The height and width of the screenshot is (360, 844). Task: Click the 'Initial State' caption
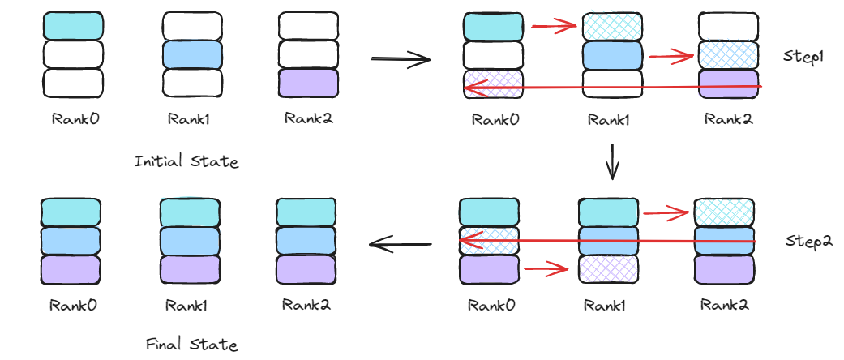click(186, 161)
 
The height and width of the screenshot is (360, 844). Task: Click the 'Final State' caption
click(191, 344)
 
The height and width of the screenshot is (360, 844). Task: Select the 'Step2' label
click(809, 242)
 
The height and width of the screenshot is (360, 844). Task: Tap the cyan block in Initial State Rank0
click(73, 26)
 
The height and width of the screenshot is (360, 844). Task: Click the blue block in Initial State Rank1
click(192, 54)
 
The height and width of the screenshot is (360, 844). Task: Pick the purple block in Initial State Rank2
click(308, 83)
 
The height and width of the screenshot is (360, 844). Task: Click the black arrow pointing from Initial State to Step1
click(400, 59)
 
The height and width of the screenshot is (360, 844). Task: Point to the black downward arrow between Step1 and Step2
click(613, 161)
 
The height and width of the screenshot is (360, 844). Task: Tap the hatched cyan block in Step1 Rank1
click(612, 27)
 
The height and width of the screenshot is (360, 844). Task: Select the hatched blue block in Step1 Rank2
click(727, 55)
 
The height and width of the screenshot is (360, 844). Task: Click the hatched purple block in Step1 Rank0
click(494, 84)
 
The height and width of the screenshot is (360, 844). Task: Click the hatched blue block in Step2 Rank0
click(489, 241)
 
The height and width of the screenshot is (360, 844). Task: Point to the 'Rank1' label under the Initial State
click(189, 118)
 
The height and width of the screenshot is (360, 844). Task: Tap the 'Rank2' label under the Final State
click(306, 305)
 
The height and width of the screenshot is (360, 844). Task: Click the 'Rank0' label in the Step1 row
click(495, 119)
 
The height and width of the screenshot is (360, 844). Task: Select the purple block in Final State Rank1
click(191, 268)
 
